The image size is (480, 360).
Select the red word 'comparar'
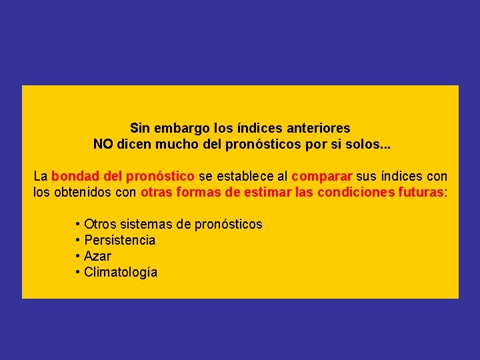322,177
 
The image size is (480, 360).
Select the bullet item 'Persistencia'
120,240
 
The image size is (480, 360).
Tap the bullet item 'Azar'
98,256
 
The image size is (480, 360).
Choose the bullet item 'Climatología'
121,272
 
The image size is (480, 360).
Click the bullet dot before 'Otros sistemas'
78,224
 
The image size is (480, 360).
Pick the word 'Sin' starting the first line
140,127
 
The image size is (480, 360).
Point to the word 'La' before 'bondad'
41,176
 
